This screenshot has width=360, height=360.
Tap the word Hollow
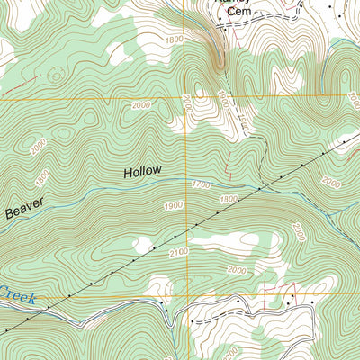142,170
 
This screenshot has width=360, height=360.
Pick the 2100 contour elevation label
180,254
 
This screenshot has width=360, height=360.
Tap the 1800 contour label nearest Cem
173,40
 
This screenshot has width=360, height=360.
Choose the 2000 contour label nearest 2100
236,269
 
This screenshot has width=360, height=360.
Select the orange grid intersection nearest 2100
186,297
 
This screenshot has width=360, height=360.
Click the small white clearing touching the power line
142,243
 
